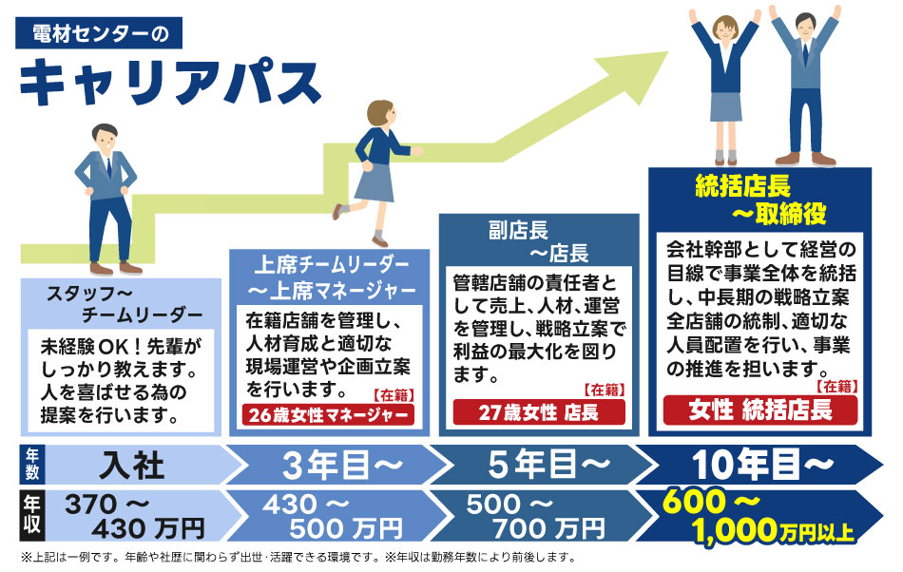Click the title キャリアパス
(170, 83)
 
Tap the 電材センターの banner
(99, 33)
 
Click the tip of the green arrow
(667, 53)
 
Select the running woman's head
(380, 115)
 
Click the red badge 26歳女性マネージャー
(328, 414)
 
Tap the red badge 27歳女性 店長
(538, 412)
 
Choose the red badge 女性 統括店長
(760, 410)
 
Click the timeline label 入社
(132, 465)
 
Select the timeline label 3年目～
(341, 465)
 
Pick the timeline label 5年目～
(548, 465)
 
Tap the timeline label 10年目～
(762, 464)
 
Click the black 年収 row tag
(31, 516)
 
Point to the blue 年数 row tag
(31, 465)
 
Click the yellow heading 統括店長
(743, 186)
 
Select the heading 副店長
(518, 230)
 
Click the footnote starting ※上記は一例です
(298, 557)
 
